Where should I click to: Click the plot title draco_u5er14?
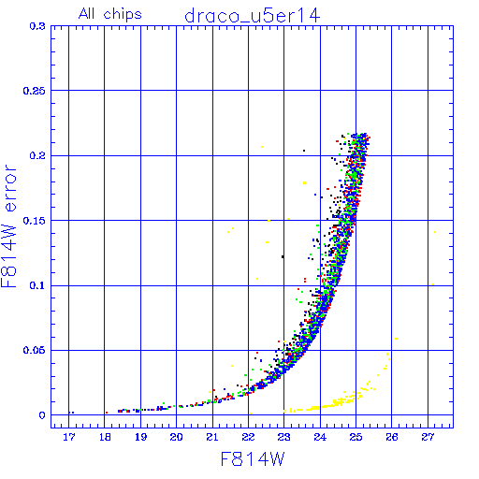253,16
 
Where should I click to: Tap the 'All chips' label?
110,14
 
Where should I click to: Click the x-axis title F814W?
253,459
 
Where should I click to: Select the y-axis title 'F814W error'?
9,225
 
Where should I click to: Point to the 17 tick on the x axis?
69,437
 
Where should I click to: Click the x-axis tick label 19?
140,437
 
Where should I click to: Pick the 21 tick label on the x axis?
212,437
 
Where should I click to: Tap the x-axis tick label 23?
284,437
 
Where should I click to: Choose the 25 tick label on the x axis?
356,437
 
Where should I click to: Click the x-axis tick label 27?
428,437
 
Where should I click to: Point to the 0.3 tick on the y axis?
37,26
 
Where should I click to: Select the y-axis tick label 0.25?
35,91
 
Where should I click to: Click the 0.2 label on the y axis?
37,155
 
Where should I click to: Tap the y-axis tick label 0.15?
35,221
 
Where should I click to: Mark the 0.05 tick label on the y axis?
35,350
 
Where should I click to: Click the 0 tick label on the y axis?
42,415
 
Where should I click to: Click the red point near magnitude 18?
107,413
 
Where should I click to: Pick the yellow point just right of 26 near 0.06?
396,339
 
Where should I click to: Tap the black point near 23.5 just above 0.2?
304,151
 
